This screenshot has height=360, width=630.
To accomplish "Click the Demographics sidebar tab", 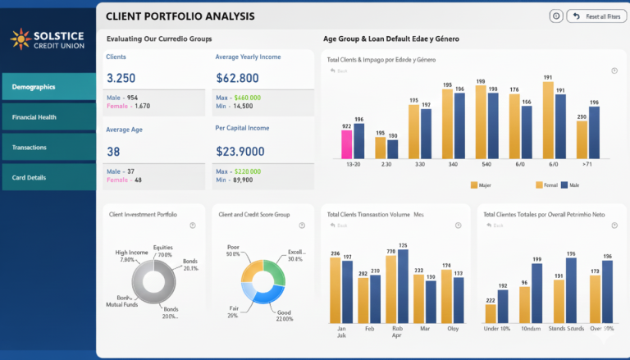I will click(48, 86).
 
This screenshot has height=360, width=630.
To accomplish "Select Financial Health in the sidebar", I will click(48, 117).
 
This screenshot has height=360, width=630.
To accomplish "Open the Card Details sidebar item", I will click(48, 177).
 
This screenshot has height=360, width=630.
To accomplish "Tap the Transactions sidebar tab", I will click(48, 148).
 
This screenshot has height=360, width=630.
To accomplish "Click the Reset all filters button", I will click(596, 16).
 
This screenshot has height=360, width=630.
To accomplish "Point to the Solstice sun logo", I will click(21, 38).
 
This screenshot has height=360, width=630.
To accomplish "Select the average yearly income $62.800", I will click(237, 79).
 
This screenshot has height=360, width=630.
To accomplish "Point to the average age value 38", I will click(113, 152).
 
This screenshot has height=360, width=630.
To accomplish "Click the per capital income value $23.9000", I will click(240, 152).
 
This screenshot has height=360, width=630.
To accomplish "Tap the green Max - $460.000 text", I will click(238, 97).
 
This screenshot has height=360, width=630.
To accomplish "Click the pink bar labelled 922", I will click(347, 144).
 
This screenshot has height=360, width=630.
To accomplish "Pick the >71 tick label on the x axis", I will click(587, 164).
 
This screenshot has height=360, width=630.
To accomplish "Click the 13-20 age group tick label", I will click(353, 164).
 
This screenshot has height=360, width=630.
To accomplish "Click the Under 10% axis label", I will click(496, 329).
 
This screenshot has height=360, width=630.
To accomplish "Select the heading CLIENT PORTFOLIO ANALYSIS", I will click(180, 16).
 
